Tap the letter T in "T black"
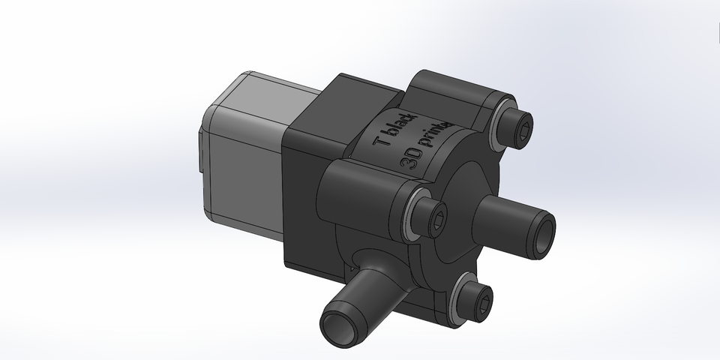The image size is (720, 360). pyautogui.click(x=382, y=140)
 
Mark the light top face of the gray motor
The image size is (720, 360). pyautogui.click(x=277, y=90)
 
